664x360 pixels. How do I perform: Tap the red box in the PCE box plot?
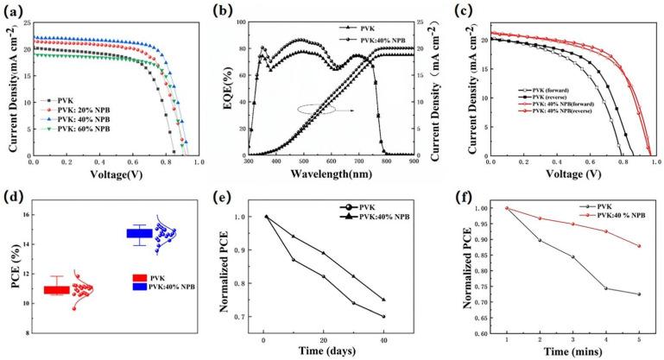coord(57,289)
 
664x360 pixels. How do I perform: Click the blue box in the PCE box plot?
coord(139,233)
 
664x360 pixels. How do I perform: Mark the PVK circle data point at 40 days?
coord(383,317)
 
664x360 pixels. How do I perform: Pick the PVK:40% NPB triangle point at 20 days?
coord(324,253)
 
